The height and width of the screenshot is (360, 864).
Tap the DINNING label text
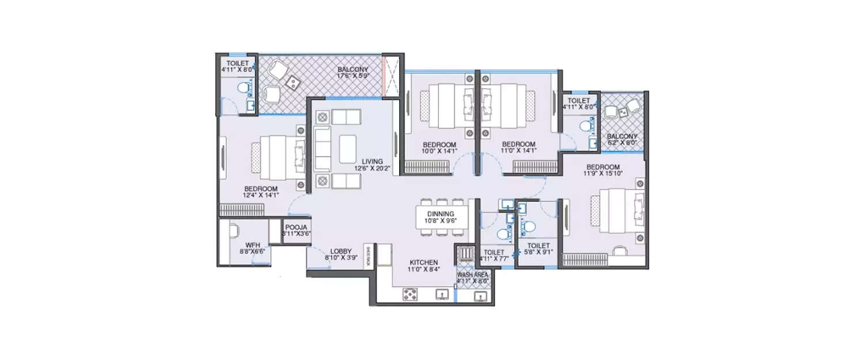(x=441, y=214)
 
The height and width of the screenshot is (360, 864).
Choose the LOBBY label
(x=341, y=251)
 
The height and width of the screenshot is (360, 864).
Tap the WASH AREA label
(x=473, y=275)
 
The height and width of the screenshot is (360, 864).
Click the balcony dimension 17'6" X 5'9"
(x=353, y=75)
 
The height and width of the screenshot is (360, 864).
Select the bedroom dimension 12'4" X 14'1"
(x=261, y=196)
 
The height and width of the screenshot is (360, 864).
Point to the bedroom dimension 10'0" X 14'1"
(x=439, y=151)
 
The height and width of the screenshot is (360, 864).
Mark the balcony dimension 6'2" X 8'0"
(x=622, y=143)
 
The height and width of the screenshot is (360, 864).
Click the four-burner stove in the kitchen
(x=410, y=295)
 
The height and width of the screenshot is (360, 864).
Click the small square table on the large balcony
(x=293, y=83)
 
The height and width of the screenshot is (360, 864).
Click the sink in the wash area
(x=479, y=296)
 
